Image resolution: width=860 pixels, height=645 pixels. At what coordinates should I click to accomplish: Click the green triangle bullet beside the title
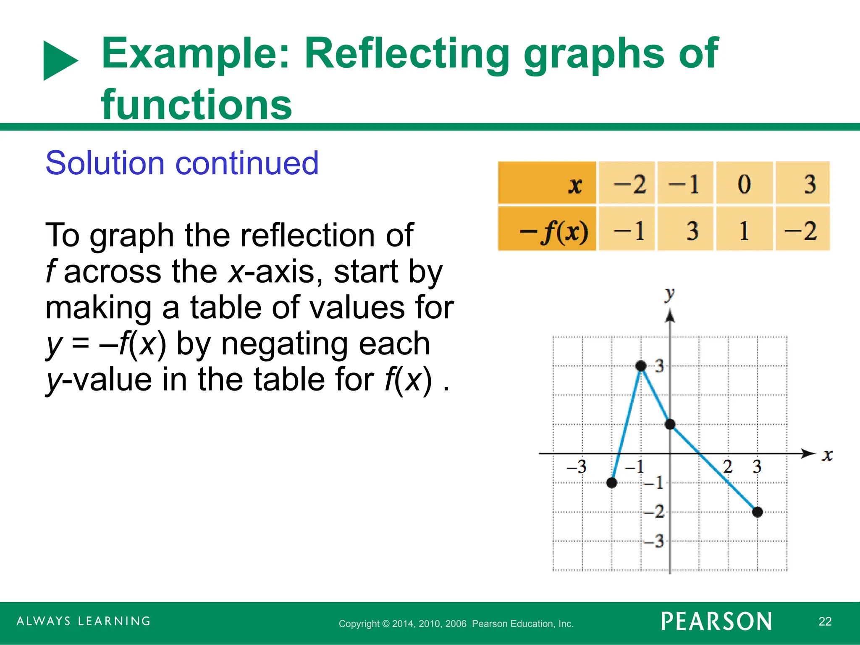[60, 60]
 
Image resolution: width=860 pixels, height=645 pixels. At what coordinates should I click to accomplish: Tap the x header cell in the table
[575, 185]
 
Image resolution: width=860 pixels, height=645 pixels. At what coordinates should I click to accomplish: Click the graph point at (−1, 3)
[641, 366]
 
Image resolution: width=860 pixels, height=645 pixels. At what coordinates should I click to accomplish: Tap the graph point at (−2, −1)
[612, 482]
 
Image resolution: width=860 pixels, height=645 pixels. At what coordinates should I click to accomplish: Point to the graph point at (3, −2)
[758, 512]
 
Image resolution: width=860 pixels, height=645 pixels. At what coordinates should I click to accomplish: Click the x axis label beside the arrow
[827, 455]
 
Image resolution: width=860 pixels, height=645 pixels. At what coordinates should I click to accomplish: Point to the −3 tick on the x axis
[577, 467]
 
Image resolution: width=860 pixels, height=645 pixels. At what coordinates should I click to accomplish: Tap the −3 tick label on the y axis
[654, 541]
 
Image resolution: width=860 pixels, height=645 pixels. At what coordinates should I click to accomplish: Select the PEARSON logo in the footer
[716, 621]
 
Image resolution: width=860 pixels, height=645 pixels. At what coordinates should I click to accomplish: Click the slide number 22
[825, 621]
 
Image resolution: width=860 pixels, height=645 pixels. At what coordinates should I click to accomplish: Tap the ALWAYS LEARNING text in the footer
[84, 621]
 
